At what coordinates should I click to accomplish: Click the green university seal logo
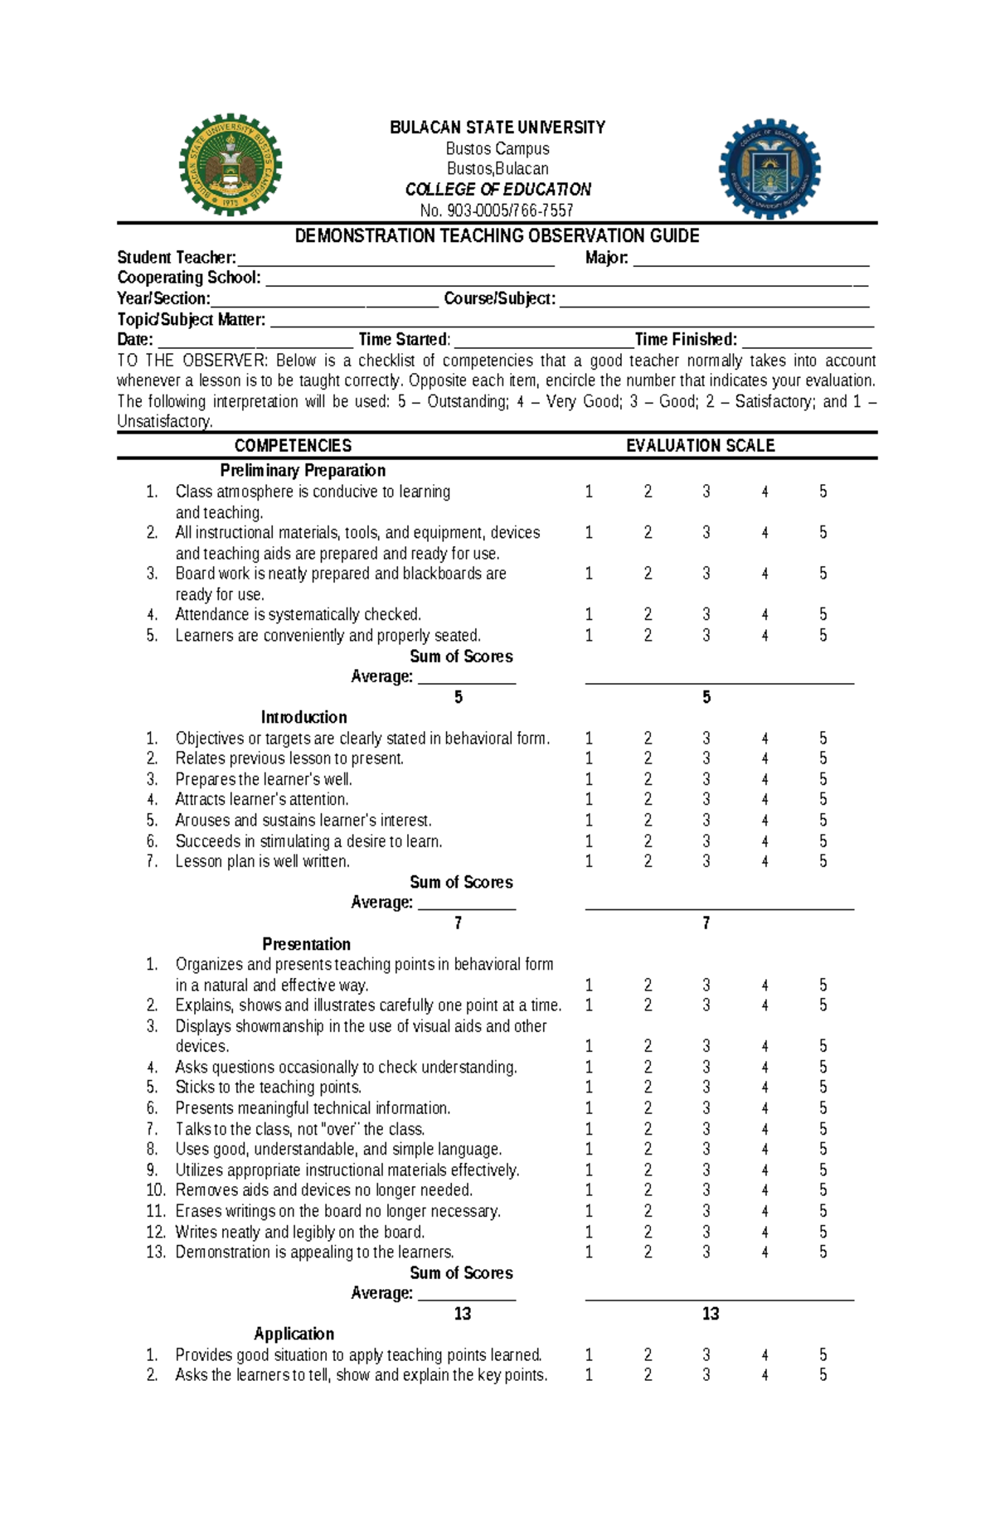[231, 165]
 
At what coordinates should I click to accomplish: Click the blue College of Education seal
[769, 168]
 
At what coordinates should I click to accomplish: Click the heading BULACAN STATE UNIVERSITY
[498, 128]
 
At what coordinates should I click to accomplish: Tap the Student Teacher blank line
[396, 259]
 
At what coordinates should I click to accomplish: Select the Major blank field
[750, 259]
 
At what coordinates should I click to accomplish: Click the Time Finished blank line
[806, 341]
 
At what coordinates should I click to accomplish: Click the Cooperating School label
[189, 278]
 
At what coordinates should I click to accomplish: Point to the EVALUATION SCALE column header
[700, 446]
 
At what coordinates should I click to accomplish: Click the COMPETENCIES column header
[293, 446]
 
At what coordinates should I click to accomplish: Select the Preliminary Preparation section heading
[303, 471]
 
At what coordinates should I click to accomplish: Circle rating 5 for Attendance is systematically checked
[823, 615]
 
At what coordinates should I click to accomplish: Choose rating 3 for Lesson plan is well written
[706, 862]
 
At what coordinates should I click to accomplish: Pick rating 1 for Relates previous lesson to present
[589, 758]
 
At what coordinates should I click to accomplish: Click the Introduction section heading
[303, 718]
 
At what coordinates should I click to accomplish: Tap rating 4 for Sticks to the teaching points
[764, 1087]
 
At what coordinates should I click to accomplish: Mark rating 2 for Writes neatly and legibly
[648, 1233]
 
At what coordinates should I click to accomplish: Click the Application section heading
[294, 1334]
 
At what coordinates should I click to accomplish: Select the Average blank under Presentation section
[466, 1294]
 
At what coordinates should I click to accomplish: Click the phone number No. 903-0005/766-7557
[498, 211]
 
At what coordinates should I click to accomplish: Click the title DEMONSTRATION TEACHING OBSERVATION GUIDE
[498, 236]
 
